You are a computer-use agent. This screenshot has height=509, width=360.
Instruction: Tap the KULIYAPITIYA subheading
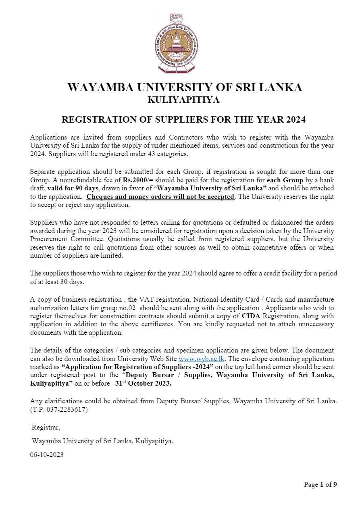tap(183, 100)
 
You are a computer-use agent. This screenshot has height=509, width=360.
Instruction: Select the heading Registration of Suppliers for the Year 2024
tap(183, 120)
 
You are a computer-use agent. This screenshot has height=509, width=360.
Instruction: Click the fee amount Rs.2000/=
tap(137, 180)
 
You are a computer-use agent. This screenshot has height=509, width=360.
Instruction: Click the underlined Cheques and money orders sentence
tap(160, 197)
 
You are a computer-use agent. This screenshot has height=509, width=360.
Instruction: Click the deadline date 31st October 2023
tap(143, 384)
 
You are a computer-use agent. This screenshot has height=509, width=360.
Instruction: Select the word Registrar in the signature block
tap(46, 427)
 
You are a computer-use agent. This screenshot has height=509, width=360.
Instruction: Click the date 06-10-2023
tap(47, 455)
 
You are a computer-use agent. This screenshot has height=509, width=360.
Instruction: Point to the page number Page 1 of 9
tap(320, 484)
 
